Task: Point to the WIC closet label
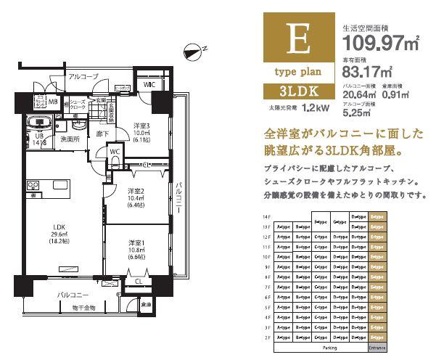149,84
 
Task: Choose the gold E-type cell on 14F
377,216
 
